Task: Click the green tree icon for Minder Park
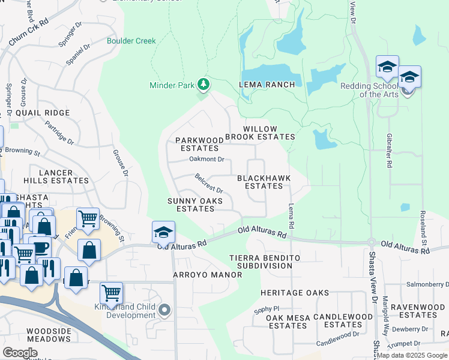pyautogui.click(x=203, y=84)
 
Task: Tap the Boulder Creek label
pyautogui.click(x=131, y=41)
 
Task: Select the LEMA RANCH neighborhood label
pyautogui.click(x=267, y=85)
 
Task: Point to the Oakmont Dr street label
pyautogui.click(x=206, y=160)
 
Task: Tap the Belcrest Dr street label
pyautogui.click(x=209, y=183)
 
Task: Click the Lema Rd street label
pyautogui.click(x=291, y=217)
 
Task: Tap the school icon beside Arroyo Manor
pyautogui.click(x=163, y=233)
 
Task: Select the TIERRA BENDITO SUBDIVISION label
pyautogui.click(x=264, y=261)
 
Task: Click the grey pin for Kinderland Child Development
pyautogui.click(x=164, y=310)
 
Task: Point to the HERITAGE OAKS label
pyautogui.click(x=294, y=292)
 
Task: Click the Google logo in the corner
pyautogui.click(x=20, y=352)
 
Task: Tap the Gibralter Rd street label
pyautogui.click(x=390, y=151)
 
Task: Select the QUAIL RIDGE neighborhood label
pyautogui.click(x=43, y=113)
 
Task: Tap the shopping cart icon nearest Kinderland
pyautogui.click(x=111, y=293)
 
